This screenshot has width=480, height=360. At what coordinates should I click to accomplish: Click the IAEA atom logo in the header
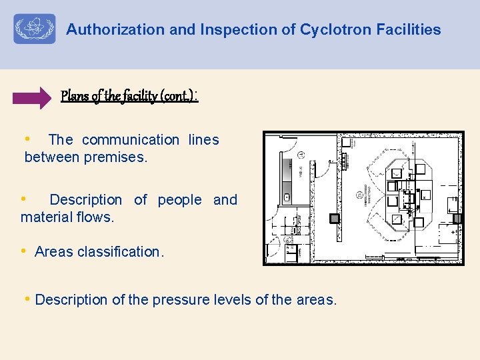coord(35,29)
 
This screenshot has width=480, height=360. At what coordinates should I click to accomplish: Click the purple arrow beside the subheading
coord(31,97)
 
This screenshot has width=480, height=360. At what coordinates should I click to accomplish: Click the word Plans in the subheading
coord(75,96)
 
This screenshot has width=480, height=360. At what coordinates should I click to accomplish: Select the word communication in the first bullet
coord(131,139)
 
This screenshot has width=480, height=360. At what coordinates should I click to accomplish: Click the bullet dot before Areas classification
coord(23,251)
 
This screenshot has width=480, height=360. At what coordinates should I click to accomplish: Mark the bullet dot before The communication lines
coord(27,139)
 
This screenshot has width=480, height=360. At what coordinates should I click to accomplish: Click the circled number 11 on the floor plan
coord(301,155)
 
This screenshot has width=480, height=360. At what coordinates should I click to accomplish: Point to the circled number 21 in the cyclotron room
coord(359,195)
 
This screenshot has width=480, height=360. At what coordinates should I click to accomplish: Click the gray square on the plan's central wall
coord(335,218)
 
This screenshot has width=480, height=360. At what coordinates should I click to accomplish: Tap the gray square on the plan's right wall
coord(457,218)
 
